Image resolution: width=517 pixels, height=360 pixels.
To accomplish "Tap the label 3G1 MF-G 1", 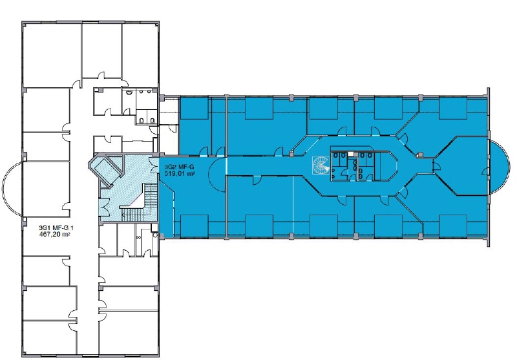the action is point(56,228).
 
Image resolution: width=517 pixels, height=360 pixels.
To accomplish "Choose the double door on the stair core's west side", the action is point(106,206).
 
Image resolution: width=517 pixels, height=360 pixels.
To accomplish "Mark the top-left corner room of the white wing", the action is point(52,56).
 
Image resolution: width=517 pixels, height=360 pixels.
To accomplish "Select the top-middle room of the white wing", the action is point(101,51).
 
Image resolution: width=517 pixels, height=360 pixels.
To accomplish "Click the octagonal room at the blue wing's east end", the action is point(461,165).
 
